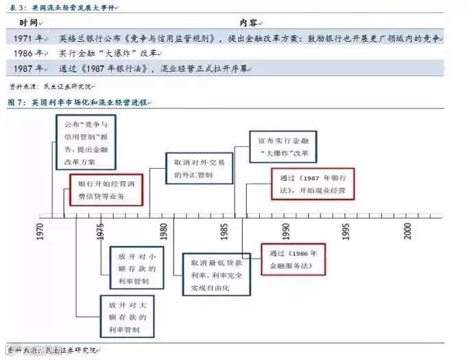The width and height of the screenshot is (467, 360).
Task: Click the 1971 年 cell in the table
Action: point(29,39)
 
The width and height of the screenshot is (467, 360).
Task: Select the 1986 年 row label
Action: point(29,53)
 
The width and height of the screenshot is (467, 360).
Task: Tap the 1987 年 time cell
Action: point(29,69)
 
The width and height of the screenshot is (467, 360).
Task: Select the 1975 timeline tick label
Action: point(101,230)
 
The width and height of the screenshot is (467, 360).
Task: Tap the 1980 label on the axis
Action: point(163,230)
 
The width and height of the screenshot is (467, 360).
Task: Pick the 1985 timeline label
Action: point(224,230)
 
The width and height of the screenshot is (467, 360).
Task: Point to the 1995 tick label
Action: point(347,230)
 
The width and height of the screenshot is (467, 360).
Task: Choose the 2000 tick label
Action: point(409,230)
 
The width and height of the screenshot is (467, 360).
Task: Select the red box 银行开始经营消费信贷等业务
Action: point(106,189)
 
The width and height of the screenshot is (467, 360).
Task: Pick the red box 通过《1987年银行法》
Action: point(313,183)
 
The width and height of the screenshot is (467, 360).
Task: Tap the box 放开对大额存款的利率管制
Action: point(128,316)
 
